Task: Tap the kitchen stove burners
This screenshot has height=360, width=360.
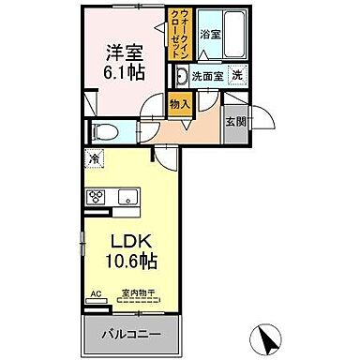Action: [97, 196]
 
